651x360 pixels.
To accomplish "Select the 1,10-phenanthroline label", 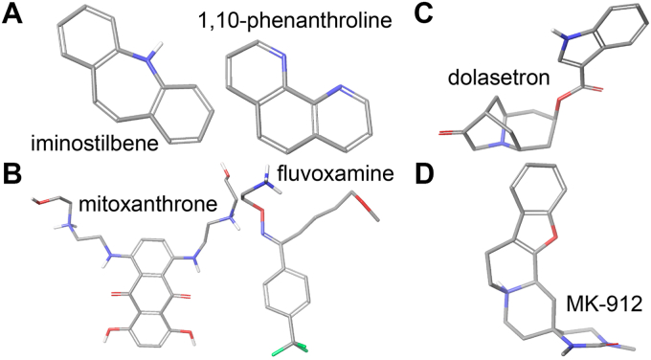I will [296, 19].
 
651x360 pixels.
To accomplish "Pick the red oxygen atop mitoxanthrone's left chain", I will [39, 201].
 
